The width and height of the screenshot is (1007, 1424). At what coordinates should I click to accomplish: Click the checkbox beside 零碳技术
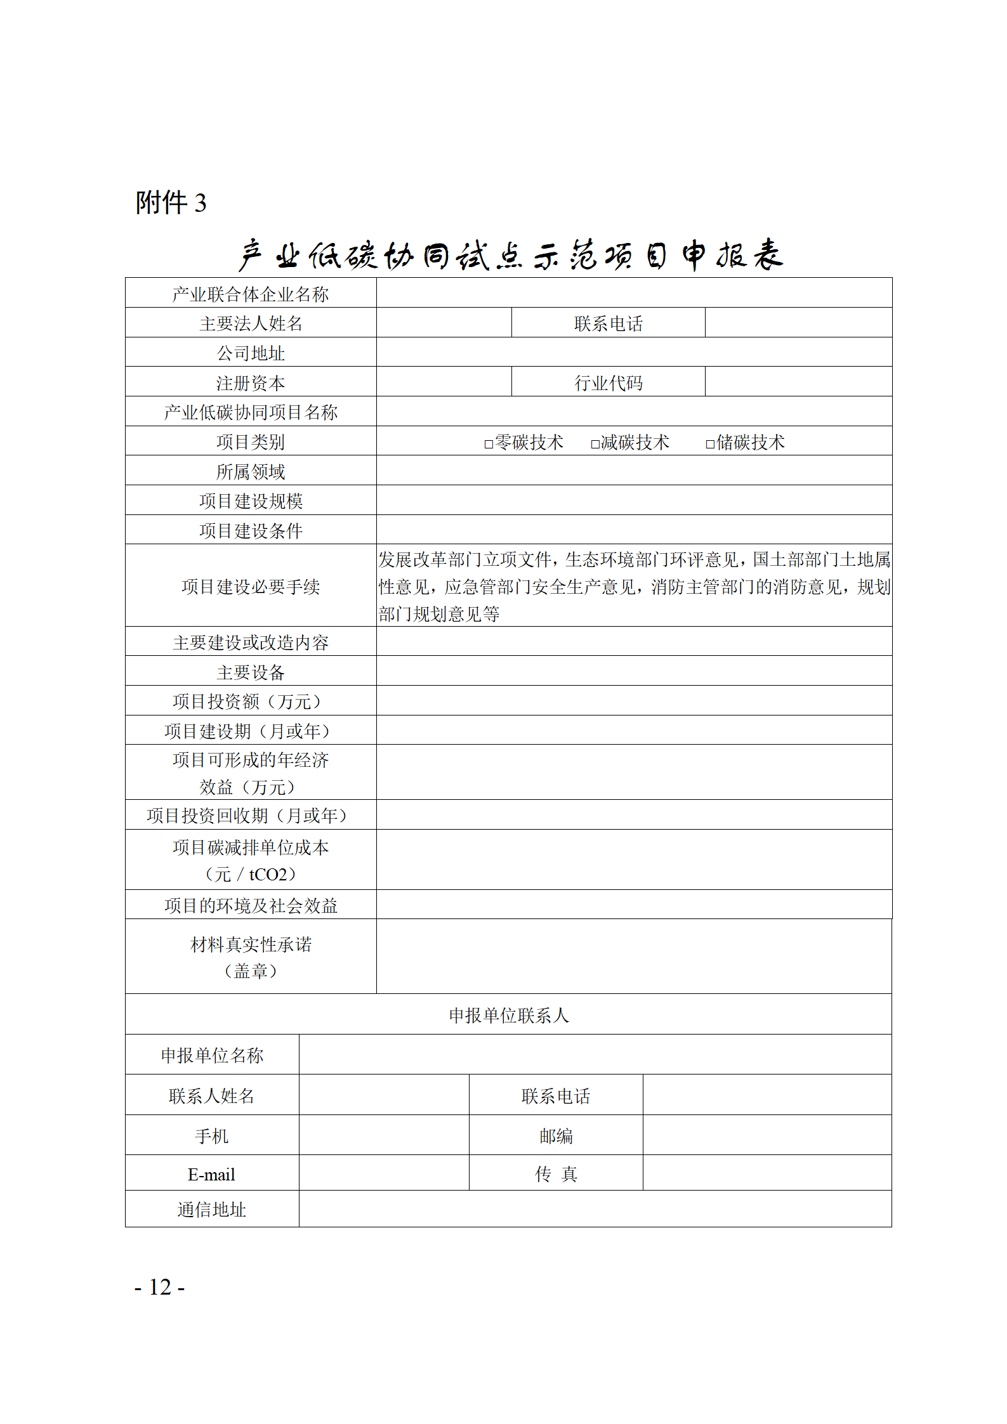pyautogui.click(x=489, y=444)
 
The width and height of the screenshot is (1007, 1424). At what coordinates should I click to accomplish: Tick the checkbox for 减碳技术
pyautogui.click(x=595, y=444)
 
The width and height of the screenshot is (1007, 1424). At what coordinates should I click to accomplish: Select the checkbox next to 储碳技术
pyautogui.click(x=710, y=444)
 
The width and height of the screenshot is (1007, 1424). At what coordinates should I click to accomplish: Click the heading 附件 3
pyautogui.click(x=171, y=203)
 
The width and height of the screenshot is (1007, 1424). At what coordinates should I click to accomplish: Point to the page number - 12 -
pyautogui.click(x=159, y=1287)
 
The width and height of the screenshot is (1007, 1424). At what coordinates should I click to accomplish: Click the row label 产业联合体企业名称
pyautogui.click(x=251, y=294)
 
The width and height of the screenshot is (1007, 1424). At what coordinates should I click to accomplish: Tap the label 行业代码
pyautogui.click(x=608, y=383)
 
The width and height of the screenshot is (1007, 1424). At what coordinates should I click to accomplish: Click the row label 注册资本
pyautogui.click(x=251, y=383)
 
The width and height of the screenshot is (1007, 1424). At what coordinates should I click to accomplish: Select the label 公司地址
pyautogui.click(x=251, y=353)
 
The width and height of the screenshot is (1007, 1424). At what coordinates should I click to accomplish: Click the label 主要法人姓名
pyautogui.click(x=251, y=324)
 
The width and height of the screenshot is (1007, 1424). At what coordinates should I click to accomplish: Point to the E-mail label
pyautogui.click(x=211, y=1175)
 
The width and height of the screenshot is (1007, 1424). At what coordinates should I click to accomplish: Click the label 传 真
pyautogui.click(x=556, y=1174)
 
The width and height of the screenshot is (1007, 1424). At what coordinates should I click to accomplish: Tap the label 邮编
pyautogui.click(x=556, y=1136)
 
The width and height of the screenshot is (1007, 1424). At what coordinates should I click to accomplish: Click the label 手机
pyautogui.click(x=211, y=1136)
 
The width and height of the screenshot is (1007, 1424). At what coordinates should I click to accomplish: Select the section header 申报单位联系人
pyautogui.click(x=509, y=1016)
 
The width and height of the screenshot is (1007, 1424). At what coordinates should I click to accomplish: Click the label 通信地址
pyautogui.click(x=211, y=1210)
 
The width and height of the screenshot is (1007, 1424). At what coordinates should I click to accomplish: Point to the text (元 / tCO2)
pyautogui.click(x=251, y=875)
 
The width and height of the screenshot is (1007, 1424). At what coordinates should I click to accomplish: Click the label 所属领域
pyautogui.click(x=251, y=472)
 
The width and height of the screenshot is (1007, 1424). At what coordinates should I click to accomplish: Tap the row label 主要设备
pyautogui.click(x=251, y=672)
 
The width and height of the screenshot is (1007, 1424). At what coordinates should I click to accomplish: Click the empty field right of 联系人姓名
pyautogui.click(x=384, y=1095)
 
